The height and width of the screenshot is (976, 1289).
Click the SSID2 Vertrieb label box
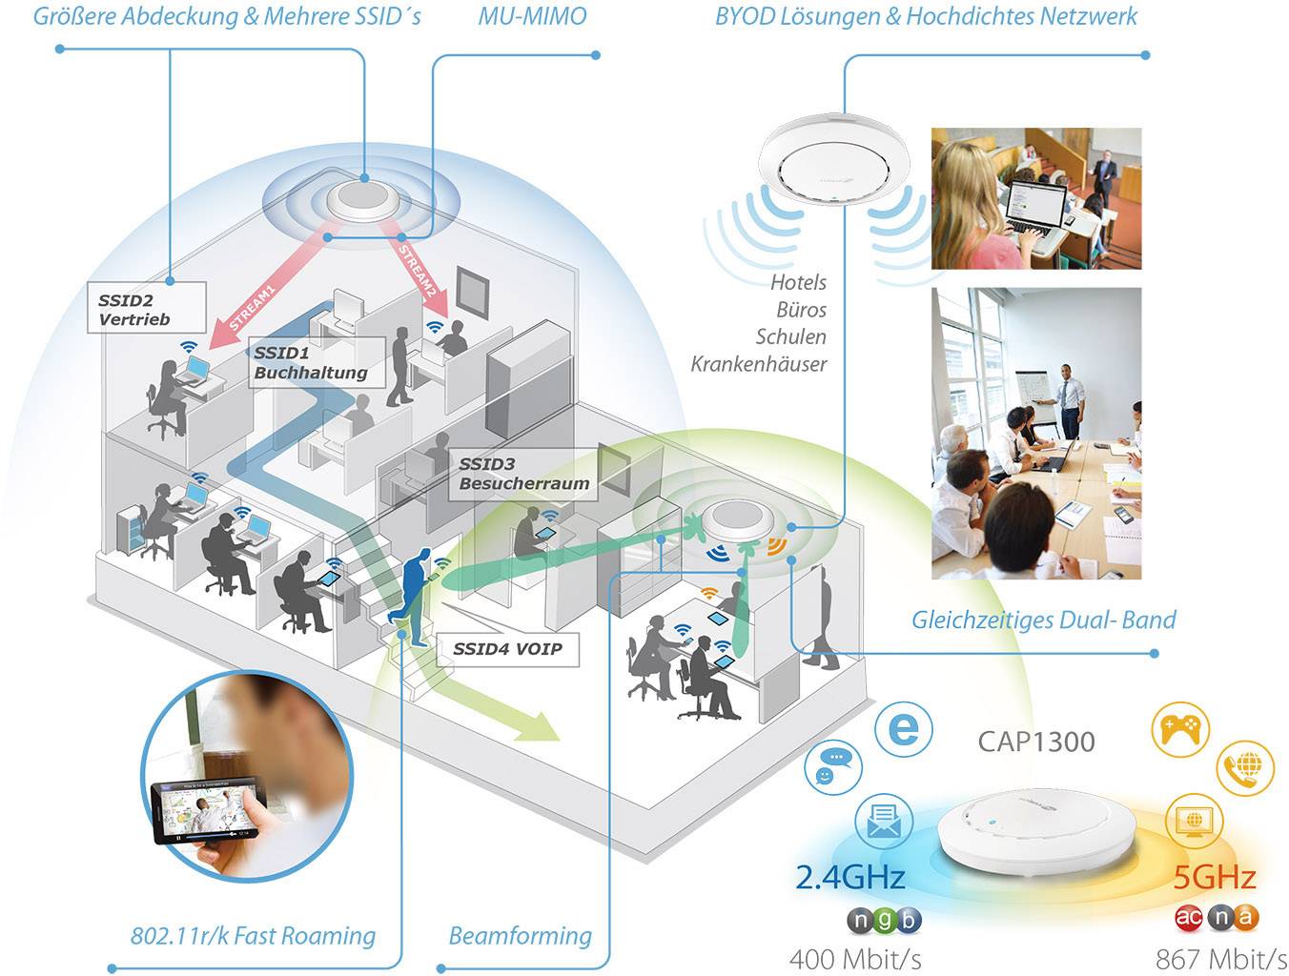coord(146,308)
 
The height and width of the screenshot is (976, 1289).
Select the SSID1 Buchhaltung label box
coord(314,363)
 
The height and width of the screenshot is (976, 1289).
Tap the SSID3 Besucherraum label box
coord(523,474)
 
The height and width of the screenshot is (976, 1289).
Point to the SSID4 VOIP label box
coord(507,649)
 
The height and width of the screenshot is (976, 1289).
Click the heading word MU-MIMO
coord(532,16)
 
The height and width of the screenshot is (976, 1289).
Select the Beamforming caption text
coord(520,936)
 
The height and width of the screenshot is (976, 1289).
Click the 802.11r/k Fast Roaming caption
coord(253,936)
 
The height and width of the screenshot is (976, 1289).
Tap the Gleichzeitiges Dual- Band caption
coord(1043,620)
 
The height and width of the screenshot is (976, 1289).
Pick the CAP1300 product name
coord(1036,742)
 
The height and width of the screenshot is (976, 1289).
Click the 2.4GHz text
coord(849,877)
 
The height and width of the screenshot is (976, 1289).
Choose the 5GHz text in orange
coord(1214,877)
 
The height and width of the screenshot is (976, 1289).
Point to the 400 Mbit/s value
coord(855,959)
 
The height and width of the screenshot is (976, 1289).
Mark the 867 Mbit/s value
coord(1221,959)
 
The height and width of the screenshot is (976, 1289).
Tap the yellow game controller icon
coord(1180,730)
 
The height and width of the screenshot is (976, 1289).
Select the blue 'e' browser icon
coord(903,729)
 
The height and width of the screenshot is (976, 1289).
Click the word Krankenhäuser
coord(759,364)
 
